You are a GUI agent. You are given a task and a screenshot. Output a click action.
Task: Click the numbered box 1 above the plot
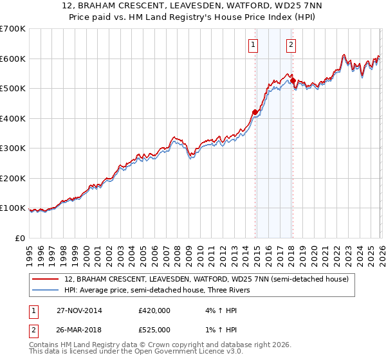[x=253, y=45]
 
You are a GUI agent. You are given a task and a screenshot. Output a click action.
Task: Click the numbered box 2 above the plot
[x=291, y=45]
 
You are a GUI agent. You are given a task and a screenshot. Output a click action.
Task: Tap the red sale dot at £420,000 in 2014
[x=255, y=113]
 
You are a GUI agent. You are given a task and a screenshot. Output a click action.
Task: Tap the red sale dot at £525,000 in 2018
[x=293, y=81]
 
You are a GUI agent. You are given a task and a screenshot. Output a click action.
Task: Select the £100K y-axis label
[x=13, y=208]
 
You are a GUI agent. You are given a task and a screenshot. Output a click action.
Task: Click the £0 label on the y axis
[x=20, y=238]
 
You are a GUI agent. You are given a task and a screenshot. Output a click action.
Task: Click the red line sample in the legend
[x=46, y=279]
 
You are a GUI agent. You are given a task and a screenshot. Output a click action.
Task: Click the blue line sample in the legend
[x=46, y=290]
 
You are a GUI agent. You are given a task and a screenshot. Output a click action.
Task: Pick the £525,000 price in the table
[x=154, y=330]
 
